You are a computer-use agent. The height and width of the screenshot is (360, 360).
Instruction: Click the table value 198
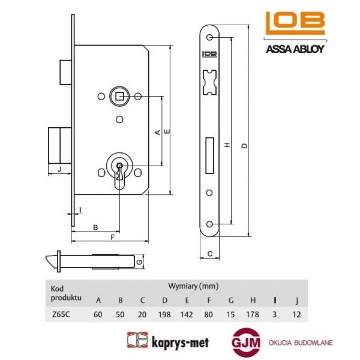pos(164,313)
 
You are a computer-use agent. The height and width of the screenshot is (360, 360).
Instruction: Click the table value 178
pos(253,313)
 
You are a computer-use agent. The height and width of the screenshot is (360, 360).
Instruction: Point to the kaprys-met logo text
pos(169,341)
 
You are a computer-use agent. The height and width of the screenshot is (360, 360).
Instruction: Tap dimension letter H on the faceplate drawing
pos(227,145)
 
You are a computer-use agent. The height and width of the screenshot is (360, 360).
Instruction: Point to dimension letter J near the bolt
pos(59,170)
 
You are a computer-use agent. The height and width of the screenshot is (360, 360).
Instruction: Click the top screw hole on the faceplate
pos(210,38)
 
